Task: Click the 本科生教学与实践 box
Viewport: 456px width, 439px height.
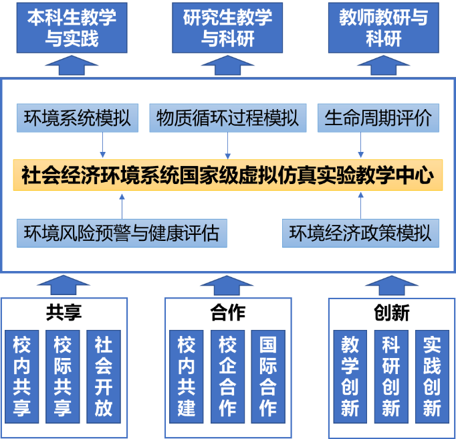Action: pyautogui.click(x=72, y=27)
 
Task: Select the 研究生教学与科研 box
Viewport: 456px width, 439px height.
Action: pyautogui.click(x=227, y=27)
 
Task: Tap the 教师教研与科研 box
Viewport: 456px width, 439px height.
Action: pyautogui.click(x=383, y=27)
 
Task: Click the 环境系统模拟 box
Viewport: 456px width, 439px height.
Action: pyautogui.click(x=77, y=118)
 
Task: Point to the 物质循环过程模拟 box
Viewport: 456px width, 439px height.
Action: pyautogui.click(x=228, y=118)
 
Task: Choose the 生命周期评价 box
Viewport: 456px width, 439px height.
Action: pyautogui.click(x=378, y=118)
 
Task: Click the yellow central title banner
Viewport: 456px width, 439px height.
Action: pyautogui.click(x=228, y=175)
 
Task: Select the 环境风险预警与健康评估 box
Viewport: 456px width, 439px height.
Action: pyautogui.click(x=121, y=233)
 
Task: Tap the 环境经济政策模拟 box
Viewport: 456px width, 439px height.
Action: pyautogui.click(x=360, y=233)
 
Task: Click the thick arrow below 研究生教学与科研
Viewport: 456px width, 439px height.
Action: pyautogui.click(x=227, y=66)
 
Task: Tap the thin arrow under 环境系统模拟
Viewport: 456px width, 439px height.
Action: pyautogui.click(x=103, y=145)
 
